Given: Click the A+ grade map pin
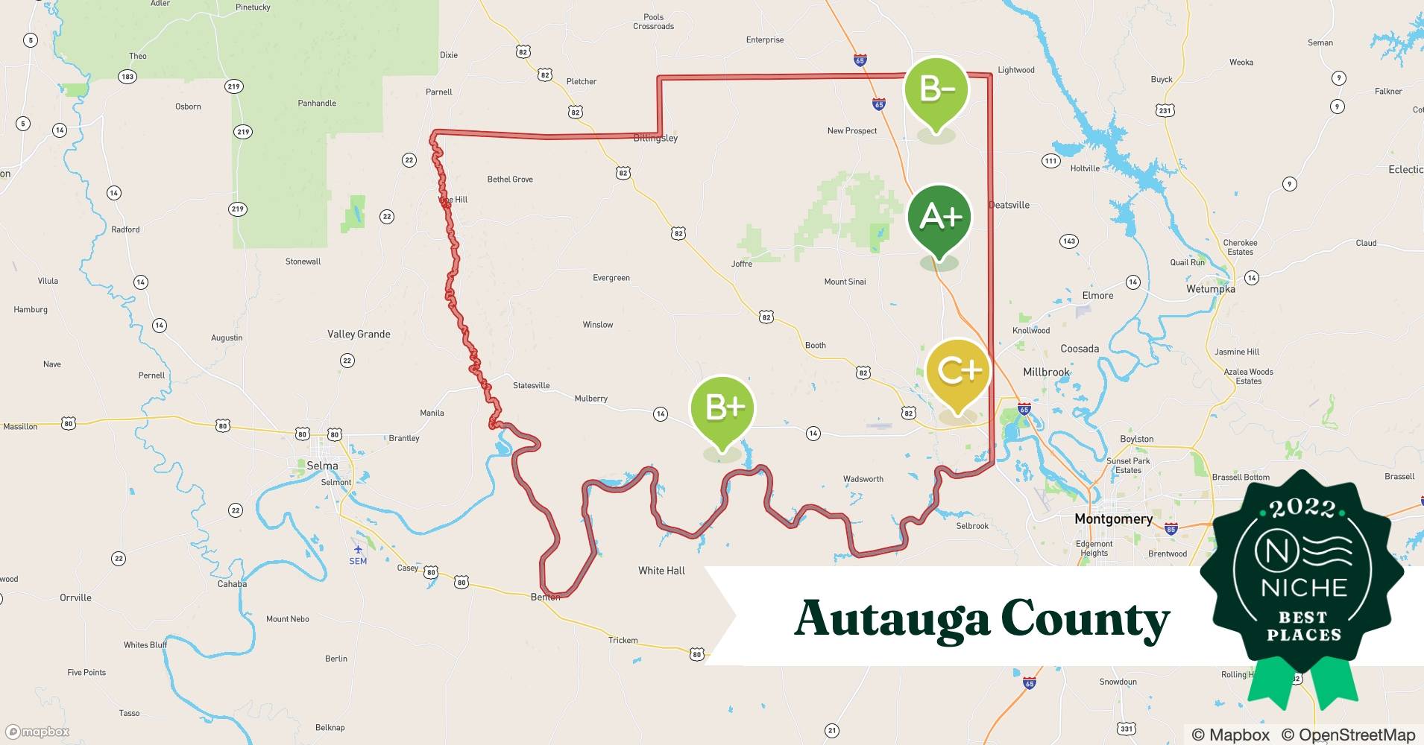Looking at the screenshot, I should click(939, 218).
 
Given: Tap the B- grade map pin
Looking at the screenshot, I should click(936, 89).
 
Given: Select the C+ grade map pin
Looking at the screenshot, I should click(958, 371).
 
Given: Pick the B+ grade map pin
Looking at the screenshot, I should click(722, 408).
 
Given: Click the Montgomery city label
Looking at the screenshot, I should click(1113, 519).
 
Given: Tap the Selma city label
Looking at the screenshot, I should click(322, 466).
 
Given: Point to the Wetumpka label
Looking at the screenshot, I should click(1210, 289).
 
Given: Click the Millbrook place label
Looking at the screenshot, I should click(1046, 372).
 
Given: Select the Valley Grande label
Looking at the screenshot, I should click(359, 334).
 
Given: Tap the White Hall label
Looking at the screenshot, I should click(661, 571).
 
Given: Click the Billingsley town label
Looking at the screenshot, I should click(655, 138).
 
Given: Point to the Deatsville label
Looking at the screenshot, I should click(1009, 205).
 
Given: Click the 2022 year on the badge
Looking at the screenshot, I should click(1302, 509).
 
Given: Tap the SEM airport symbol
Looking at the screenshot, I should click(358, 550).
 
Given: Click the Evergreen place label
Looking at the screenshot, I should click(611, 278).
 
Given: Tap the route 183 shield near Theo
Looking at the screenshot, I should click(127, 77).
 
